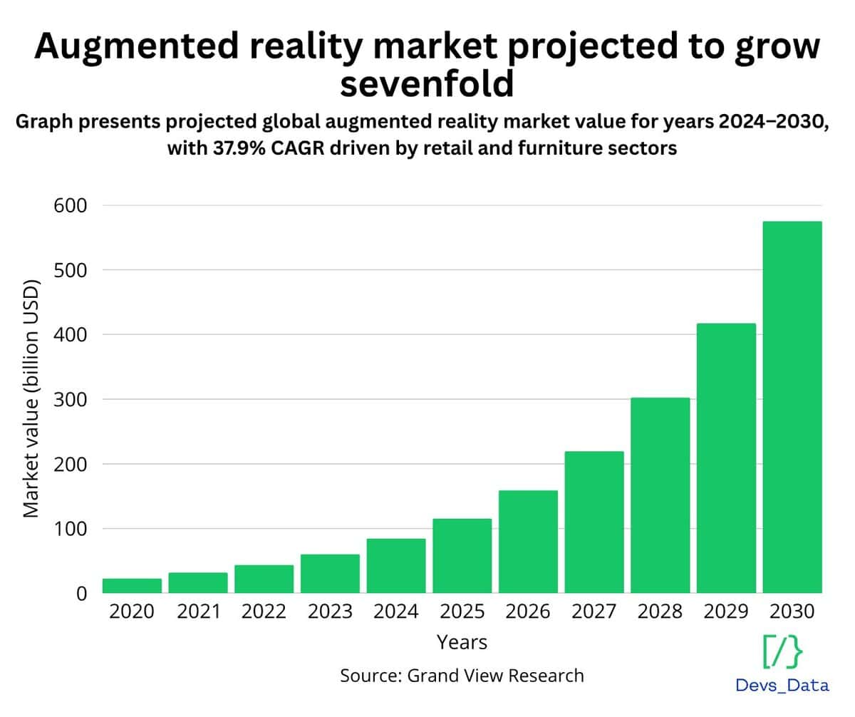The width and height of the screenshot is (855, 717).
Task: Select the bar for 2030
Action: pyautogui.click(x=792, y=407)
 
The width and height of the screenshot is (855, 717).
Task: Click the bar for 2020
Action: pyautogui.click(x=132, y=585)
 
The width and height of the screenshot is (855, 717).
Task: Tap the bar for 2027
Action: pyautogui.click(x=594, y=522)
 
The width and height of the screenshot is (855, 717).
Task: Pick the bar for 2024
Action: pyautogui.click(x=396, y=566)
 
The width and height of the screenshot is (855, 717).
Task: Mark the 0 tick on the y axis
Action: pyautogui.click(x=81, y=593)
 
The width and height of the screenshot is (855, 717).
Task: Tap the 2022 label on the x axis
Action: pyautogui.click(x=264, y=612)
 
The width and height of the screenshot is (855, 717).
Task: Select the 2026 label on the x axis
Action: pyautogui.click(x=528, y=612)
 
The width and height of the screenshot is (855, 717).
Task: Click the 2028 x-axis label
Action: pyautogui.click(x=660, y=612)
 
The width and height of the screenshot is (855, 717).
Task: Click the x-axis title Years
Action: pyautogui.click(x=462, y=642)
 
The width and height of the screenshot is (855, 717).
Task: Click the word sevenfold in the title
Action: pyautogui.click(x=427, y=84)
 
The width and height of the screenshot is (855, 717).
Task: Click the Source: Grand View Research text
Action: pyautogui.click(x=462, y=675)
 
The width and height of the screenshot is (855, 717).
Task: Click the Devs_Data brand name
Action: pyautogui.click(x=782, y=686)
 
